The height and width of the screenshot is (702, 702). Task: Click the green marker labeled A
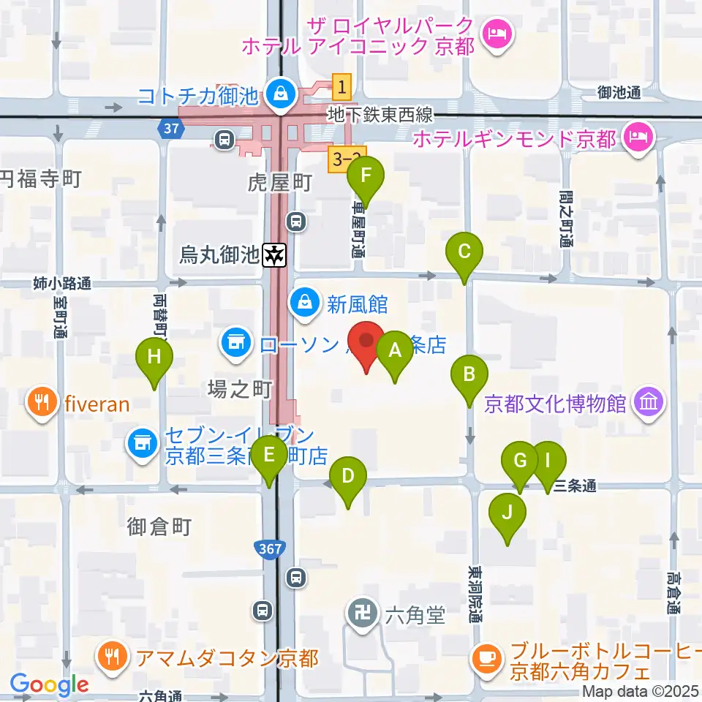pyautogui.click(x=395, y=351)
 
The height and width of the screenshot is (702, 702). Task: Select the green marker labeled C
pyautogui.click(x=464, y=252)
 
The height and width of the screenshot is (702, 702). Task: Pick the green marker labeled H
pyautogui.click(x=154, y=358)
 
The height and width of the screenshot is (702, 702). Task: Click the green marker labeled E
pyautogui.click(x=270, y=456)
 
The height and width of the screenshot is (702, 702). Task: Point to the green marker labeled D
pyautogui.click(x=347, y=478)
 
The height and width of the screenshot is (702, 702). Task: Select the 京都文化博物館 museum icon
pyautogui.click(x=649, y=402)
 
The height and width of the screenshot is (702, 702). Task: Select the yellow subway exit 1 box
pyautogui.click(x=341, y=87)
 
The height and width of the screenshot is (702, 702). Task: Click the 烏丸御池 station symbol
pyautogui.click(x=275, y=255)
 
